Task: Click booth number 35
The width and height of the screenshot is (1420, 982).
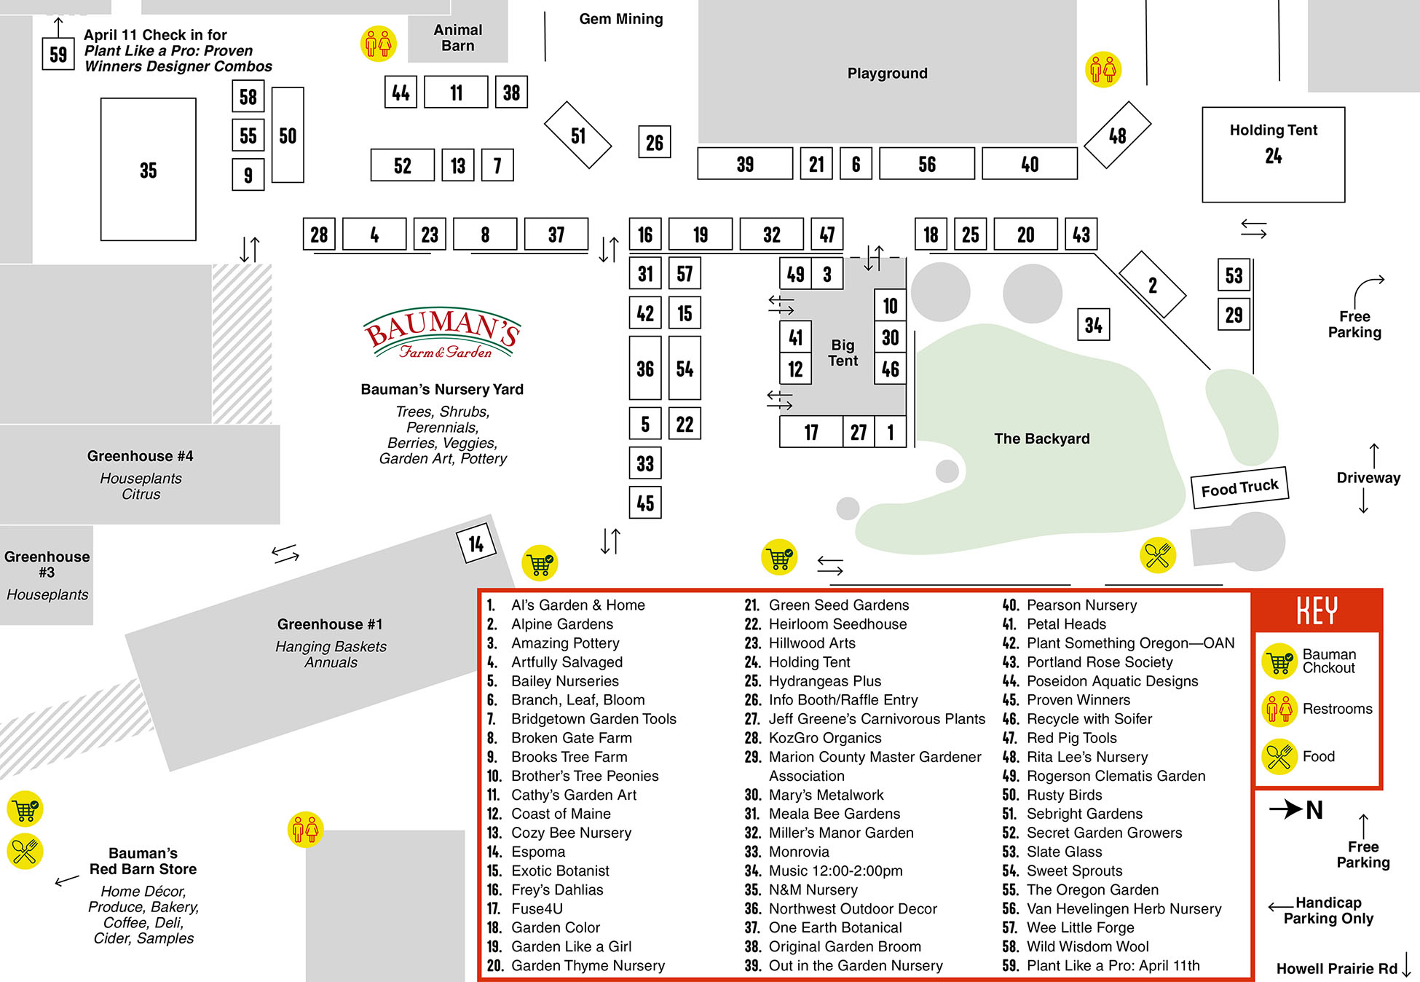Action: pos(148,170)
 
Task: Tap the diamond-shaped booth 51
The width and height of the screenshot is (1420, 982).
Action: pos(578,135)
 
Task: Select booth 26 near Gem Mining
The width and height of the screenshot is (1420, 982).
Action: pos(654,142)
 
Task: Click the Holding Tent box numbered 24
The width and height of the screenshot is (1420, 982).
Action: pos(1273,154)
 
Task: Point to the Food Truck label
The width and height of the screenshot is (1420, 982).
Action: pos(1239,487)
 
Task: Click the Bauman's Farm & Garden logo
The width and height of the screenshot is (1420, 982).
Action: pos(442,334)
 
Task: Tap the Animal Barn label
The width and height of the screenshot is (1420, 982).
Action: pos(457,38)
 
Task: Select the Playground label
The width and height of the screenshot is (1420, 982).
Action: pos(887,74)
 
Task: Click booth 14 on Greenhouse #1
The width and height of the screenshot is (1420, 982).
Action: pos(476,543)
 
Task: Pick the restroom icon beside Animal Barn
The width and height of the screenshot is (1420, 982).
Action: pos(379,44)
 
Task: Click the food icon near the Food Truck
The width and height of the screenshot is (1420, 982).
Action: pos(1157,556)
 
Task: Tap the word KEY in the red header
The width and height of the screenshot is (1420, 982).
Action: pos(1317,610)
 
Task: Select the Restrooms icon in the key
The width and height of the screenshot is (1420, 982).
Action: pos(1279,708)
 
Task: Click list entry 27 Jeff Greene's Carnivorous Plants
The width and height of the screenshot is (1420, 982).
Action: pos(876,719)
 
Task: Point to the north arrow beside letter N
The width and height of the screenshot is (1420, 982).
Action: pos(1286,809)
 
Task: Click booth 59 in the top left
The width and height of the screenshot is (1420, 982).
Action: pos(58,54)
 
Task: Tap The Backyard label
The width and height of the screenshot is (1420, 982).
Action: pos(1041,439)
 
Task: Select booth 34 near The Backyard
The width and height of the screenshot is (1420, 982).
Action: pos(1093,325)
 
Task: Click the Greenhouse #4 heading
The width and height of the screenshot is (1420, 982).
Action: pos(140,456)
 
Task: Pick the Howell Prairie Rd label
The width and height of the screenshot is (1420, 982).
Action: pos(1336,968)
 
